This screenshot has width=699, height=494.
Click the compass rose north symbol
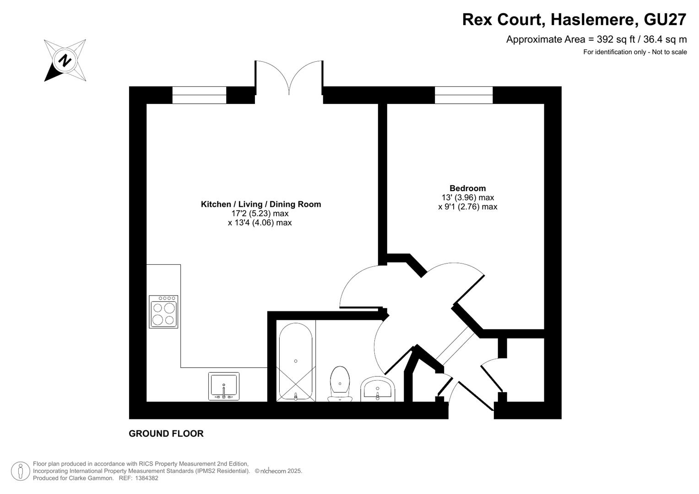65,60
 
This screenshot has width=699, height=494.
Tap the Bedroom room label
467,188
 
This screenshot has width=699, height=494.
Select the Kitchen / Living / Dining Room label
261,204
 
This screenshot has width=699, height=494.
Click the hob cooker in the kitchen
163,311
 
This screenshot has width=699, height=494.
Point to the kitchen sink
224,386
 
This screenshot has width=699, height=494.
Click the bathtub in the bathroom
296,361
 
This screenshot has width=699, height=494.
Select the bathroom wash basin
378,389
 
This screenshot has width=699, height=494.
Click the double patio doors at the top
289,78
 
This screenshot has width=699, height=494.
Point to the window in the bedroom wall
464,95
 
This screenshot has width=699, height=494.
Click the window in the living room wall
199,95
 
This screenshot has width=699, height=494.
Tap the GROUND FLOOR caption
166,434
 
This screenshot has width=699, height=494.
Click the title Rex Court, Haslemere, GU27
574,20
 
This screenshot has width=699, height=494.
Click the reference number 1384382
146,478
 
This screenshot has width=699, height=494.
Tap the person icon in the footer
21,471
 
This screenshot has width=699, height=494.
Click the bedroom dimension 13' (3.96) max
468,198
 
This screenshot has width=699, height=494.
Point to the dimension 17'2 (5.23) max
260,214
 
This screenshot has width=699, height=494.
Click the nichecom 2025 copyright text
278,471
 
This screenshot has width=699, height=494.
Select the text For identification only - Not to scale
635,52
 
